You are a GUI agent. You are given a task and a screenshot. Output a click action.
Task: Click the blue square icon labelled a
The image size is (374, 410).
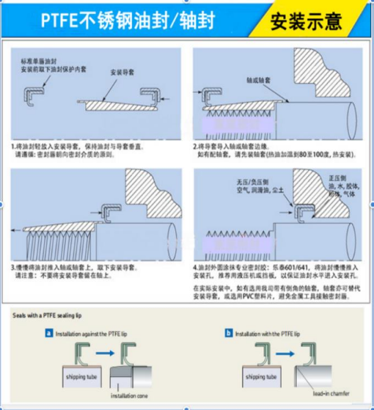[x=49, y=333]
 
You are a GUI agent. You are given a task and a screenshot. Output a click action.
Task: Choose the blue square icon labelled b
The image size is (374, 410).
[x=228, y=333]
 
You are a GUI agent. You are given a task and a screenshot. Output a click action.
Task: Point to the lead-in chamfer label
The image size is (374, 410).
[x=329, y=393]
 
